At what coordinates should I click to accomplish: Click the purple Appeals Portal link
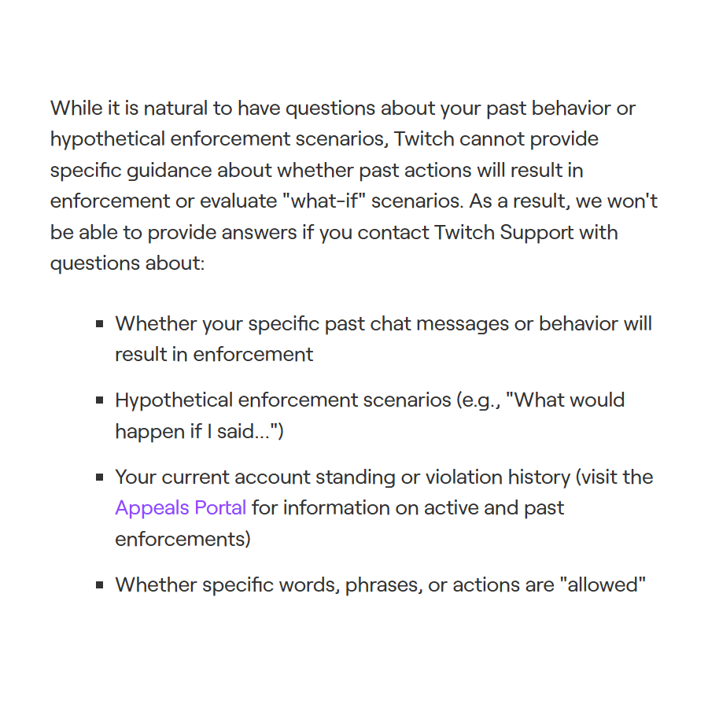coord(180,507)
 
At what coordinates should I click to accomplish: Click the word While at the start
coord(76,108)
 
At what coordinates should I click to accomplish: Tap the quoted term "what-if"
coord(325,201)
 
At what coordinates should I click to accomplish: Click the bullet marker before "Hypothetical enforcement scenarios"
coord(100,400)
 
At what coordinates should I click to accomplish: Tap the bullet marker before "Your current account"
coord(100,478)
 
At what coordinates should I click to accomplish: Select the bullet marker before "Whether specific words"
coord(100,585)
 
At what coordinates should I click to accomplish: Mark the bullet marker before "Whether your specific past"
coord(100,323)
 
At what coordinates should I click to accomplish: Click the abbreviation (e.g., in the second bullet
coord(478,400)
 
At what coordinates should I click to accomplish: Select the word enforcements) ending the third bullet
coord(183,539)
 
